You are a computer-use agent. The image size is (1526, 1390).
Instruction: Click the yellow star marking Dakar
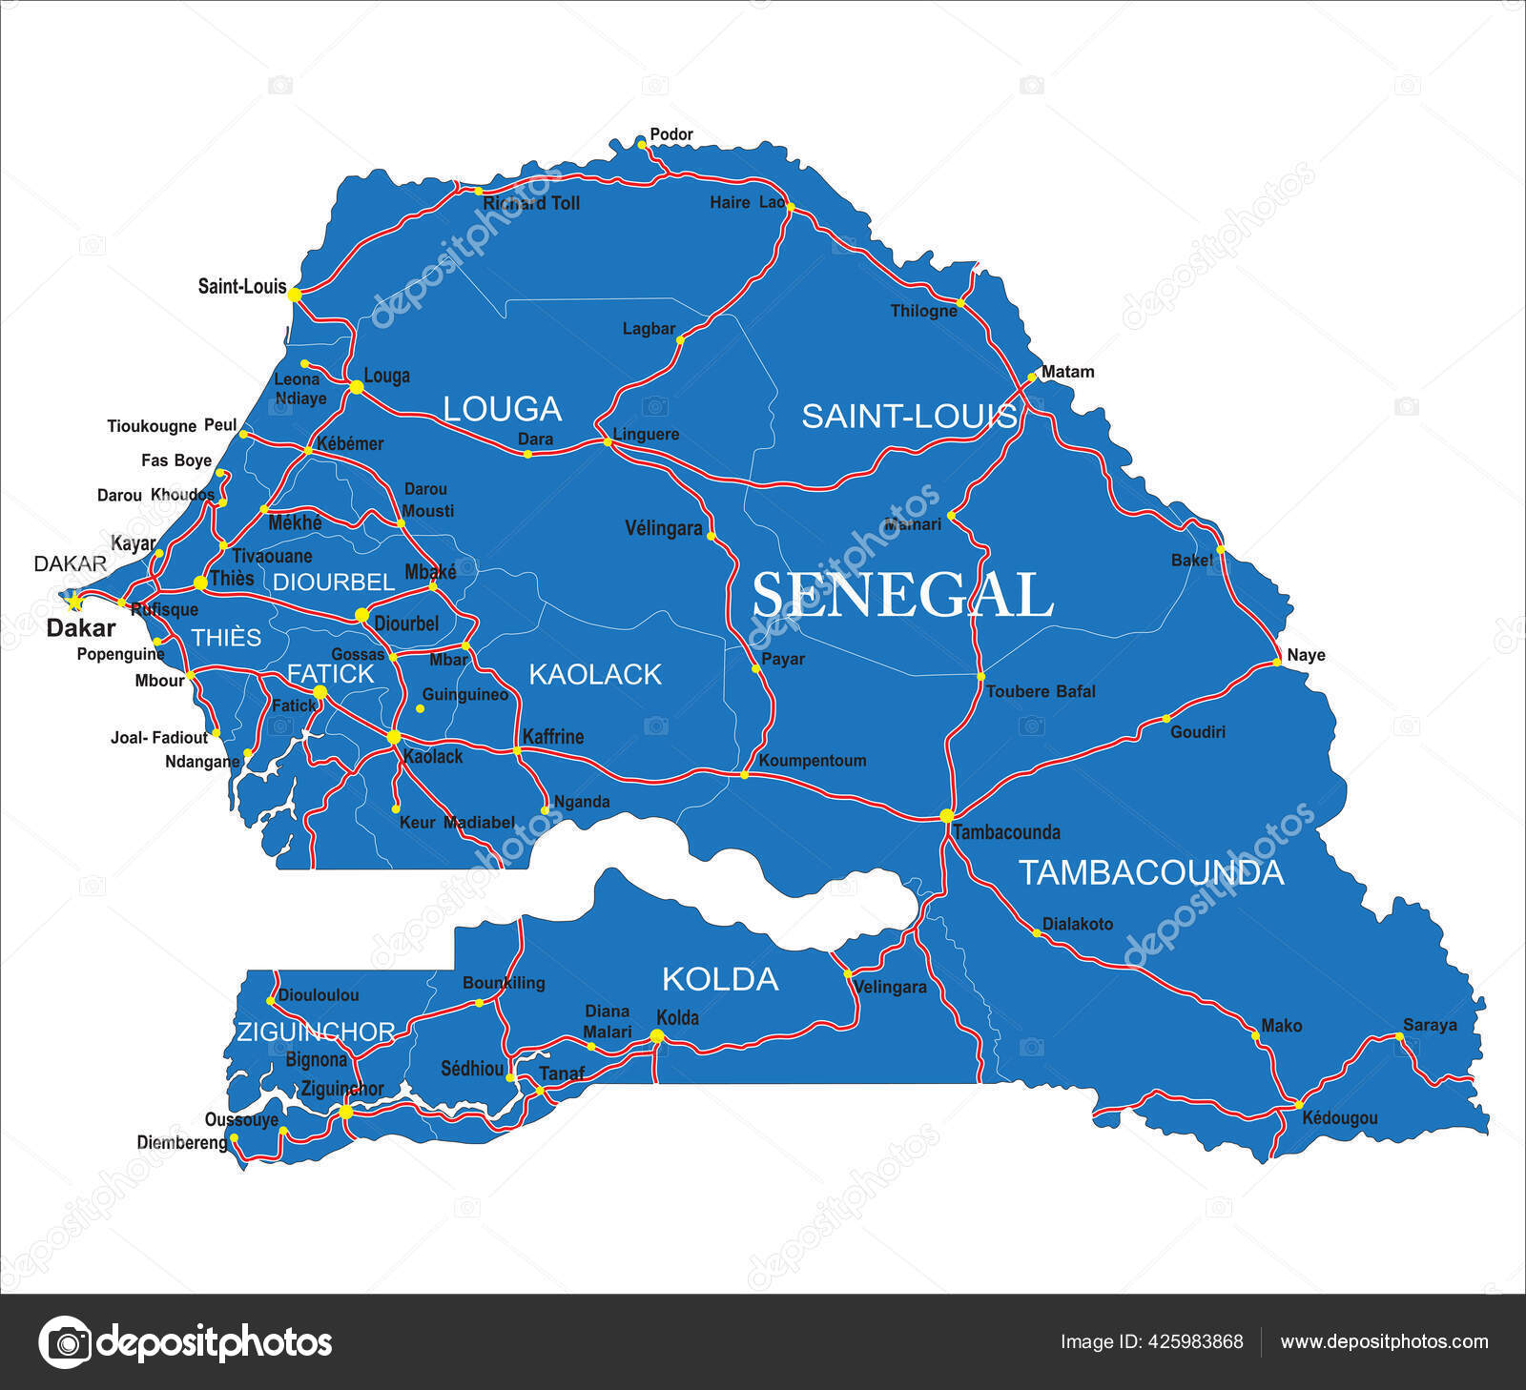point(73,601)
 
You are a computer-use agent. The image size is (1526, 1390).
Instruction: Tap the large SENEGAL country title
point(902,596)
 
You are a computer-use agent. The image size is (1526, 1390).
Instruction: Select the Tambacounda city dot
point(946,815)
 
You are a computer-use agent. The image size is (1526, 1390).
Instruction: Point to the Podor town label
point(671,134)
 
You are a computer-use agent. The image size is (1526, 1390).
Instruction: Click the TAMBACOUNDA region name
point(1151,872)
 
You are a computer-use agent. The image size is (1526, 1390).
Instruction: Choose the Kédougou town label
point(1339,1117)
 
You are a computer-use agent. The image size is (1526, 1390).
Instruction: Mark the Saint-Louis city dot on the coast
point(295,295)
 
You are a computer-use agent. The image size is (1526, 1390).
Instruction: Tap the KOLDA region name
point(720,979)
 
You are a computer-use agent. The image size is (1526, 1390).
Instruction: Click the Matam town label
point(1067,372)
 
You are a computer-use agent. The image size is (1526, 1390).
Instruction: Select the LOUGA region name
point(502,409)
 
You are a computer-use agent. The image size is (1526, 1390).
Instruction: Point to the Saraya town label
point(1430,1025)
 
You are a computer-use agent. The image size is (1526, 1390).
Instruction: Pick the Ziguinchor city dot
point(345,1112)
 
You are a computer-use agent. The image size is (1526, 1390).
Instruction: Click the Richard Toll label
point(531,203)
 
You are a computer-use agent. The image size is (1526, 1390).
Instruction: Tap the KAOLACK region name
point(594,675)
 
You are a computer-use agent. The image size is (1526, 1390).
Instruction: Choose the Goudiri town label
point(1198,732)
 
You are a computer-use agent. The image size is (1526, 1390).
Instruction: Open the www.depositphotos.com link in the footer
point(1384,1341)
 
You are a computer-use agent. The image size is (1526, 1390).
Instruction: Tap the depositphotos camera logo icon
point(66,1342)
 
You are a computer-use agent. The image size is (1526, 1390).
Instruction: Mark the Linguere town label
point(646,435)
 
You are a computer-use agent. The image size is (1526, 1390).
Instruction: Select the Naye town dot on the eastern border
point(1276,662)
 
